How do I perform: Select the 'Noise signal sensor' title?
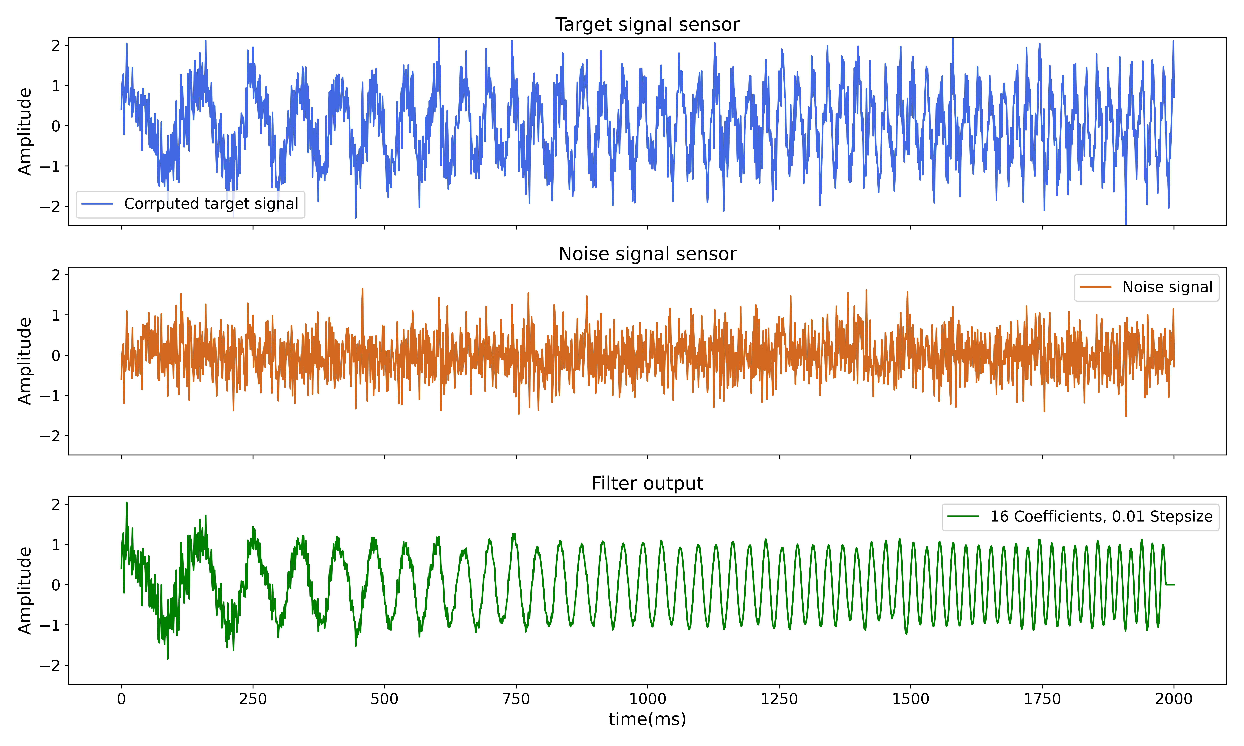click(647, 254)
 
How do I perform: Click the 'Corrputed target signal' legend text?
click(211, 204)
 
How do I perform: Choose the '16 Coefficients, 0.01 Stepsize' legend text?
click(1101, 517)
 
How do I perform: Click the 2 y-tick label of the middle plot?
click(56, 275)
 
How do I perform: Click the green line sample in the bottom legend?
click(963, 517)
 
